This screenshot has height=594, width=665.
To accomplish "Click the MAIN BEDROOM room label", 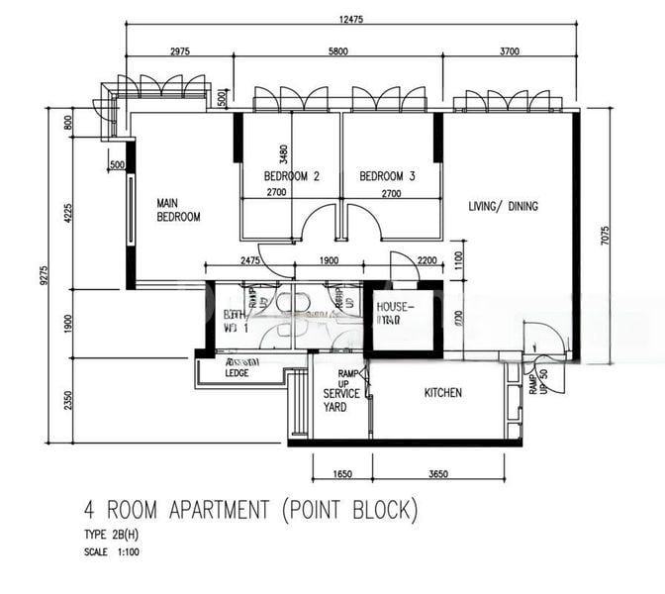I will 178,210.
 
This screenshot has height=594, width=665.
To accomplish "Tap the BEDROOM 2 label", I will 291,177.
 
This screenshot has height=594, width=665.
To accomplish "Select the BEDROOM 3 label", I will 387,177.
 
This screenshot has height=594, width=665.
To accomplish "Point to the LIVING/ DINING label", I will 504,206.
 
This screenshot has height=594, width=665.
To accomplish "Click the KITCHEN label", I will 442,393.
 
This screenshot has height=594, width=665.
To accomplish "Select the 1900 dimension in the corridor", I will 330,260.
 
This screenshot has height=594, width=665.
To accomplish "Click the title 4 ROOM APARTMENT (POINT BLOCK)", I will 251,512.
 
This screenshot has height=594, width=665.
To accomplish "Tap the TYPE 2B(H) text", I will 112,536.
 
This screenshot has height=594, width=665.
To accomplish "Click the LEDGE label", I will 237,373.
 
